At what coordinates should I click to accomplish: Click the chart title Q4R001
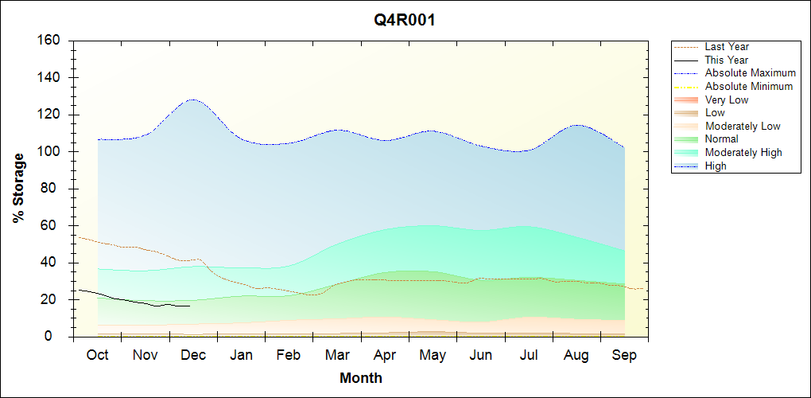[x=405, y=21]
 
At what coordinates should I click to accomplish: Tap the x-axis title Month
[x=361, y=378]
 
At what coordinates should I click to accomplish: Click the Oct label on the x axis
[x=97, y=355]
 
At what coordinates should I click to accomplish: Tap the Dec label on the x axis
[x=193, y=355]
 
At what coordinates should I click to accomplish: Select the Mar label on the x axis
[x=336, y=355]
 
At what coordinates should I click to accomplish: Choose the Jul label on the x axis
[x=529, y=355]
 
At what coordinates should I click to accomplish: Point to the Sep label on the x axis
[x=624, y=355]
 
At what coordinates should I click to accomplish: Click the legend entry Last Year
[x=727, y=47]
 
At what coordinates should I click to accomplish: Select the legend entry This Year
[x=727, y=60]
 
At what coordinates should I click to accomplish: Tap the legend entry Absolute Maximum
[x=750, y=73]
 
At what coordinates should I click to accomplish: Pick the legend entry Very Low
[x=727, y=99]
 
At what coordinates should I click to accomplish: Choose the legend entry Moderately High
[x=743, y=152]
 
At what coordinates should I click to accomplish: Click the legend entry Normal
[x=722, y=139]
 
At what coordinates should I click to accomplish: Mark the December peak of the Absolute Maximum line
[x=192, y=99]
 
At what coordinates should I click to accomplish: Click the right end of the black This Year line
[x=190, y=306]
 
